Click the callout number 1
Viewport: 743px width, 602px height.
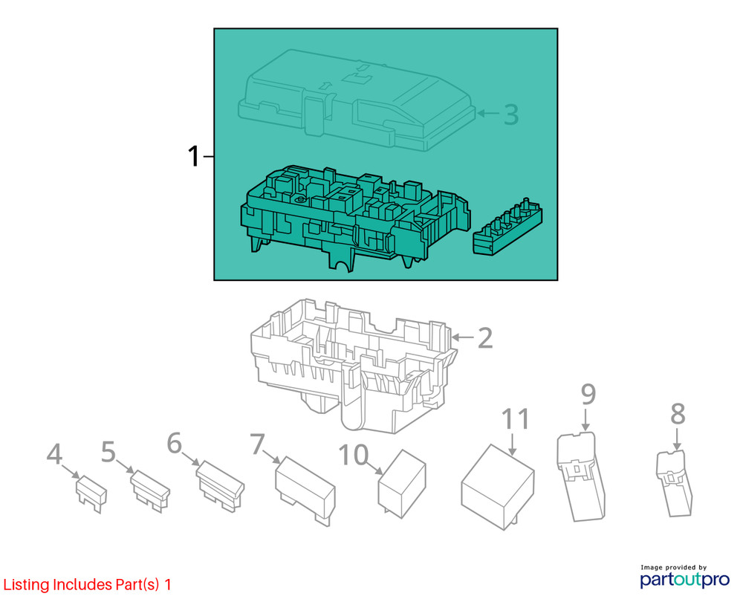click(194, 156)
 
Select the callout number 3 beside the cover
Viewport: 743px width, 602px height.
click(511, 114)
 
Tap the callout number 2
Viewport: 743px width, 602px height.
click(484, 338)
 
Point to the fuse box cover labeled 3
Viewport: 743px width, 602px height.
click(357, 100)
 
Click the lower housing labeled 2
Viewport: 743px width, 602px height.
click(353, 365)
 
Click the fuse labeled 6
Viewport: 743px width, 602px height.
click(221, 486)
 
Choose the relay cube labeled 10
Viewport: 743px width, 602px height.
click(401, 484)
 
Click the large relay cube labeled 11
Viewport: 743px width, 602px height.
click(498, 487)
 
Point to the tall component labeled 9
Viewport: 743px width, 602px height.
click(580, 476)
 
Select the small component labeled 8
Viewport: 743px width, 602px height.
click(674, 483)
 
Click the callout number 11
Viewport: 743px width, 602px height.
click(515, 419)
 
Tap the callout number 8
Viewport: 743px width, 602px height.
click(678, 414)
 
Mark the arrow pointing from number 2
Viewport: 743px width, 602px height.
click(462, 337)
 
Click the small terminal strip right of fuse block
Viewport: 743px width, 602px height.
click(507, 227)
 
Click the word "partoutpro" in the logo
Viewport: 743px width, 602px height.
click(685, 579)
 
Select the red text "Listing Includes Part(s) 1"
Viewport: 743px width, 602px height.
click(87, 584)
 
